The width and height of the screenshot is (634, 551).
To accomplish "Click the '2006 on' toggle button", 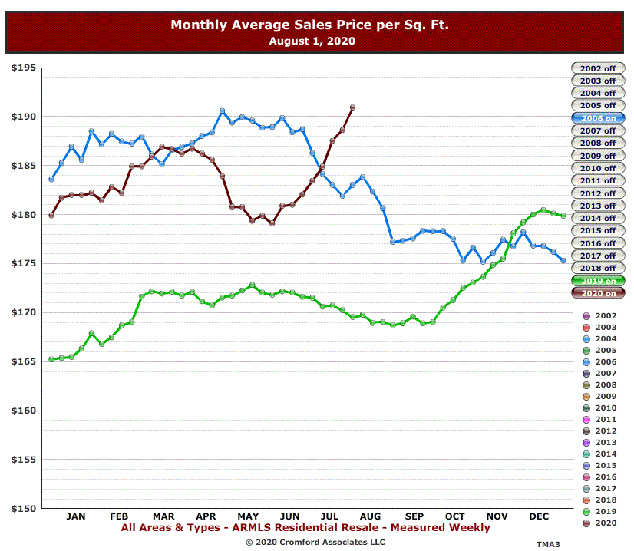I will [x=598, y=118].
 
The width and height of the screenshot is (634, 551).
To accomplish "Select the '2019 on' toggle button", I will [x=598, y=281].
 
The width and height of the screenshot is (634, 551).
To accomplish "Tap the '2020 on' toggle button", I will [x=598, y=293].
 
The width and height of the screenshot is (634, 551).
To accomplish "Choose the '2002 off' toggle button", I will [x=598, y=68].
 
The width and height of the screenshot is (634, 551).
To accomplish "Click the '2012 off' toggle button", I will [x=598, y=193].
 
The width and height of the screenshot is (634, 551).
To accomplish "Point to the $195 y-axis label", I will [x=24, y=68].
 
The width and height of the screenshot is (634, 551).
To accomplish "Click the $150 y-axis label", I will [x=24, y=509].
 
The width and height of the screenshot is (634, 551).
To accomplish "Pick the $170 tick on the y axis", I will [x=24, y=312].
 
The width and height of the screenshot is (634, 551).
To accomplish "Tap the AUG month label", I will [x=371, y=516].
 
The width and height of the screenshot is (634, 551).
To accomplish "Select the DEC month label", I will [x=539, y=516].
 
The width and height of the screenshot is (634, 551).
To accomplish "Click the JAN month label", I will [x=76, y=516].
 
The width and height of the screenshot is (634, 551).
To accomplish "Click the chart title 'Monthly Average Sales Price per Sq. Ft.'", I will [x=309, y=25].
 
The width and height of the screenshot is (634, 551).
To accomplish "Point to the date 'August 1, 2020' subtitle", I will [x=312, y=41].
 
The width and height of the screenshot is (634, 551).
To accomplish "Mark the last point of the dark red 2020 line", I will [x=352, y=107].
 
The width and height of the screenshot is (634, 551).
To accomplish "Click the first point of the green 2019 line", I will [x=51, y=359].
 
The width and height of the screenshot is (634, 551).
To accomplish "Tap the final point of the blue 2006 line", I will [x=563, y=261].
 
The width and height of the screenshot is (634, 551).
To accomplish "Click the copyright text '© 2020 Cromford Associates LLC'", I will [x=315, y=542].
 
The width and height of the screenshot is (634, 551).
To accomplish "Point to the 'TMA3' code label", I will [x=548, y=543].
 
